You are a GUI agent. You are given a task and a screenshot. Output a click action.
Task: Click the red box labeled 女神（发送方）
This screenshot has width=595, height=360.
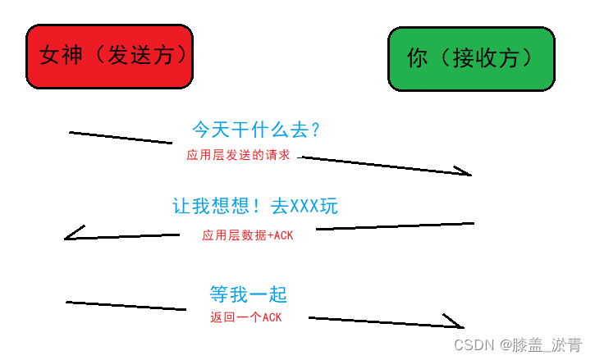tap(111, 57)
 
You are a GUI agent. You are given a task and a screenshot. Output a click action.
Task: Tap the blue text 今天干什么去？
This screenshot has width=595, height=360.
tap(255, 130)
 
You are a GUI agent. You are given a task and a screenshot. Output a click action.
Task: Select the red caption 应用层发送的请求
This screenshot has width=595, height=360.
tap(238, 154)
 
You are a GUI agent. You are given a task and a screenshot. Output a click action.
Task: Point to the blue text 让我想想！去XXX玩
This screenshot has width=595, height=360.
tap(254, 207)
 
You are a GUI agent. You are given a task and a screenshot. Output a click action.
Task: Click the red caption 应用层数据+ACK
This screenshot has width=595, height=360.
tap(247, 235)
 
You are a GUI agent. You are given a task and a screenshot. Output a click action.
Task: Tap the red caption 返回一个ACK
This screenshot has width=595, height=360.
tap(245, 317)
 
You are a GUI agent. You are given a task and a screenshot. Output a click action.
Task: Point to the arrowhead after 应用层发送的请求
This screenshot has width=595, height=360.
tap(464, 172)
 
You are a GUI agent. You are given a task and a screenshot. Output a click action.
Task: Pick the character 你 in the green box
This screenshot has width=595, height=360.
tap(417, 58)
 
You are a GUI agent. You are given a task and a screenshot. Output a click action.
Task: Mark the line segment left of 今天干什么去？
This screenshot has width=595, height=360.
tap(121, 137)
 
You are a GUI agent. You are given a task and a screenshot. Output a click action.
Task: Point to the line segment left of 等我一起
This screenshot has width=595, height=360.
tap(126, 306)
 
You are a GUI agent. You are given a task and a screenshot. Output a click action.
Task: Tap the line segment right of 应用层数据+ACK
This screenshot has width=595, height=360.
tap(394, 226)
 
